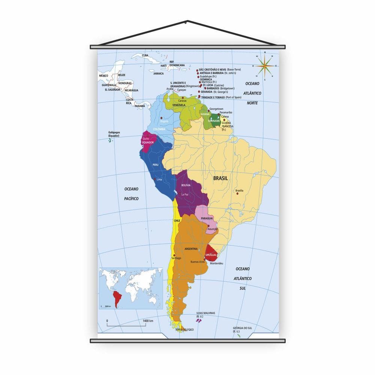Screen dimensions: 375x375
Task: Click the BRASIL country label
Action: click(220, 178)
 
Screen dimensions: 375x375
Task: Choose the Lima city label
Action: click(159, 180)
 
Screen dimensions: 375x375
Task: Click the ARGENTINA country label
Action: click(191, 249)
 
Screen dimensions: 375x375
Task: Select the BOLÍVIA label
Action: click(186, 185)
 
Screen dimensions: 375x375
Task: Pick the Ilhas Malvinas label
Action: click(206, 314)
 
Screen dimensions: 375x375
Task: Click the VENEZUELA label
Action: click(179, 105)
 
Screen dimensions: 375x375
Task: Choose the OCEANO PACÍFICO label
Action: click(131, 193)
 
